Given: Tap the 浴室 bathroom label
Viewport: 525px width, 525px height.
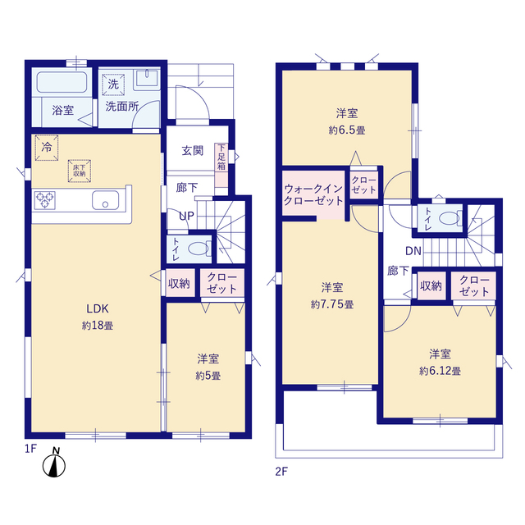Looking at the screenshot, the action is (x=62, y=110).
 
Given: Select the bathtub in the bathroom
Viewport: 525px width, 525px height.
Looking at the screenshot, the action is (x=62, y=82).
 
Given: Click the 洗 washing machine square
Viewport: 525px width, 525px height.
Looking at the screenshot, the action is (x=113, y=84).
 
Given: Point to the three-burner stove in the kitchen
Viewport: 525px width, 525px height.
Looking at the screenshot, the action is (x=44, y=200).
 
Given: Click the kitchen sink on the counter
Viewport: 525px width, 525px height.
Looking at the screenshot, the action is (x=105, y=200).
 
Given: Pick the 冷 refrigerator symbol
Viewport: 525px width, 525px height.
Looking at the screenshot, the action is (x=47, y=148).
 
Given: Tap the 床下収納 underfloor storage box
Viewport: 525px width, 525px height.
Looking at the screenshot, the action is (x=80, y=171).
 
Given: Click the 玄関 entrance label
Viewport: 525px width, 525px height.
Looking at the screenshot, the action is (x=192, y=151).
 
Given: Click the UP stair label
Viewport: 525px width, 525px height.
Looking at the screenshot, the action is (x=186, y=216).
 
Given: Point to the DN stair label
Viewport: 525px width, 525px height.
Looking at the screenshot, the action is (x=413, y=251).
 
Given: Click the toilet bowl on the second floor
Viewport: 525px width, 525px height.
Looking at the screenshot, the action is (x=450, y=218).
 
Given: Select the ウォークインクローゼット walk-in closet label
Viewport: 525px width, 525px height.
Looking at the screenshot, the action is (x=313, y=195).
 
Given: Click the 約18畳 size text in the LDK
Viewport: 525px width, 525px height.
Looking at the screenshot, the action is (x=98, y=326).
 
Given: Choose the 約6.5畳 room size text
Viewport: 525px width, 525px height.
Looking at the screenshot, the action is (x=347, y=130).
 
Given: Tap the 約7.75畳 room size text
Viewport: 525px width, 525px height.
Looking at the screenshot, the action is (x=332, y=304).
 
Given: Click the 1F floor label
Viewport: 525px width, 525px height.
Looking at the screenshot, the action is (x=30, y=449).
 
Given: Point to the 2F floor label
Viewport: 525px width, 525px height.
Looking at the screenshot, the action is (x=281, y=472).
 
